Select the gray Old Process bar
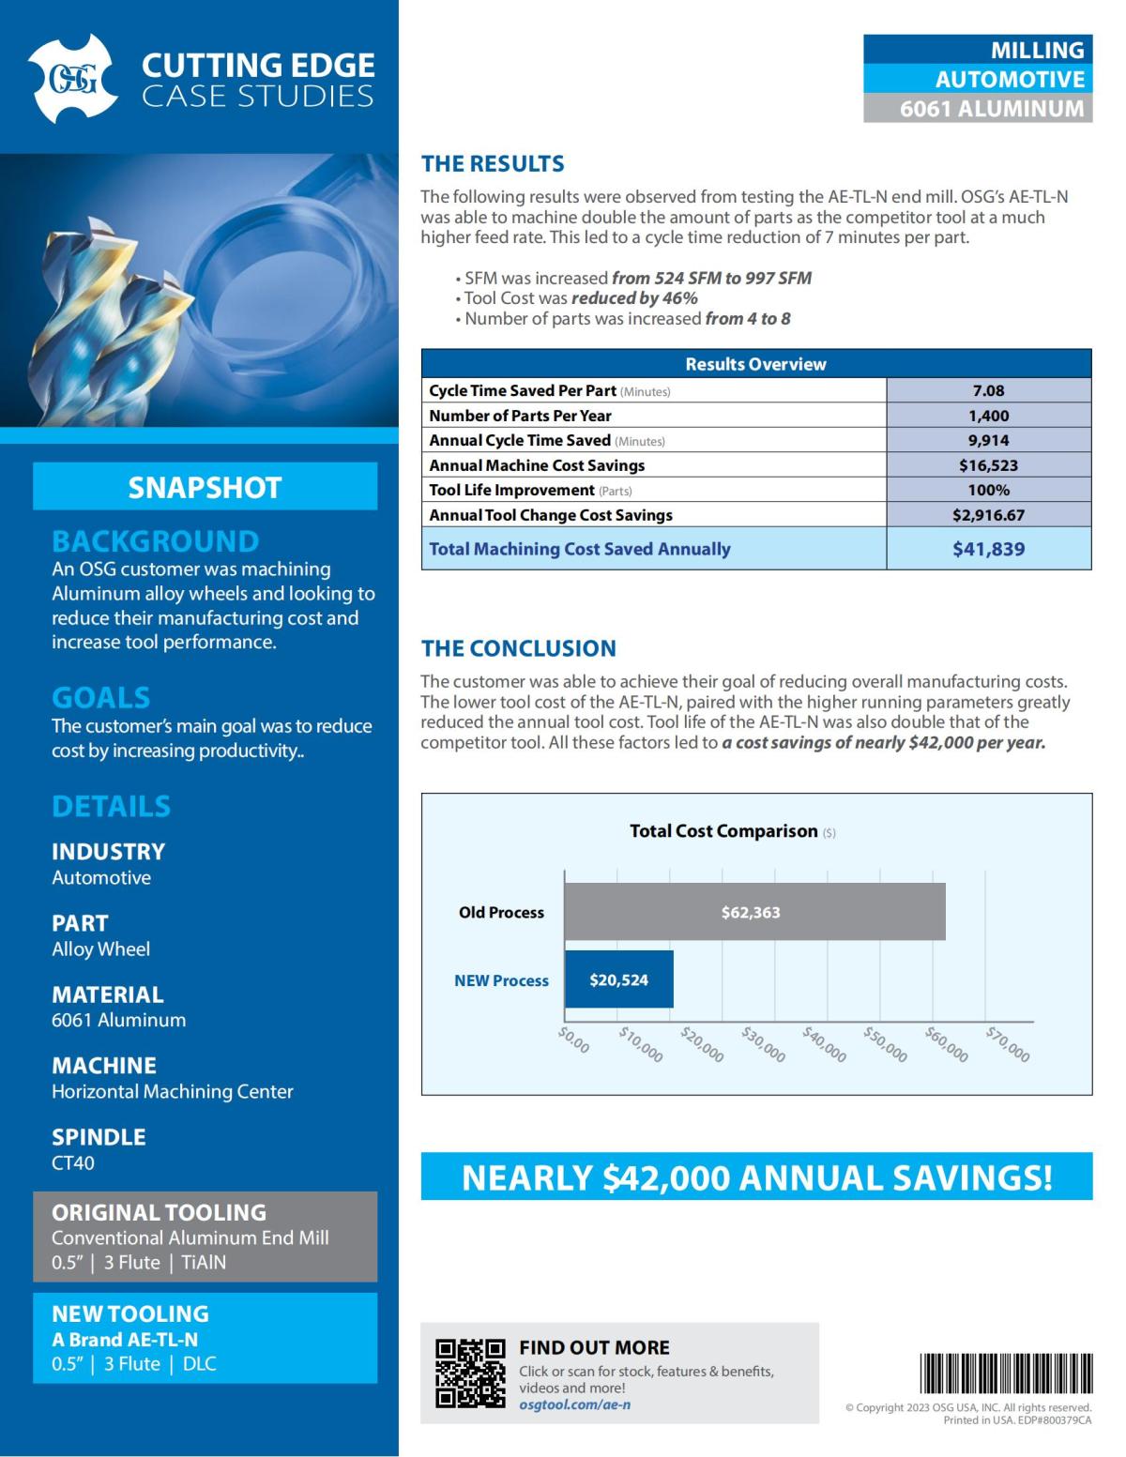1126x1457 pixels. [754, 912]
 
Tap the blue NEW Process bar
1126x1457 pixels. [618, 979]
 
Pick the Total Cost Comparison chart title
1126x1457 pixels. [723, 831]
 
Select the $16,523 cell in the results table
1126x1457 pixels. [988, 465]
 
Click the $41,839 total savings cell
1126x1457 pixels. [988, 549]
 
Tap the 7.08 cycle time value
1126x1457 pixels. [988, 390]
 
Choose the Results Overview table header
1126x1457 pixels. [755, 364]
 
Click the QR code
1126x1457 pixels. [470, 1374]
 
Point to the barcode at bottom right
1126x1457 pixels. [1005, 1374]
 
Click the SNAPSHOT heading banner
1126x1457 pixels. [205, 487]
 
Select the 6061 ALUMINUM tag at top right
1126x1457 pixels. [978, 109]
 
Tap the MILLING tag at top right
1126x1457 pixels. [978, 50]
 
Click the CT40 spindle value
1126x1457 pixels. [73, 1162]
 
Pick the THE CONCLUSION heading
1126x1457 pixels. [518, 648]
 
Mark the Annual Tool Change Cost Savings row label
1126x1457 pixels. [551, 515]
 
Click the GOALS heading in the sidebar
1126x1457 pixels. [100, 697]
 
